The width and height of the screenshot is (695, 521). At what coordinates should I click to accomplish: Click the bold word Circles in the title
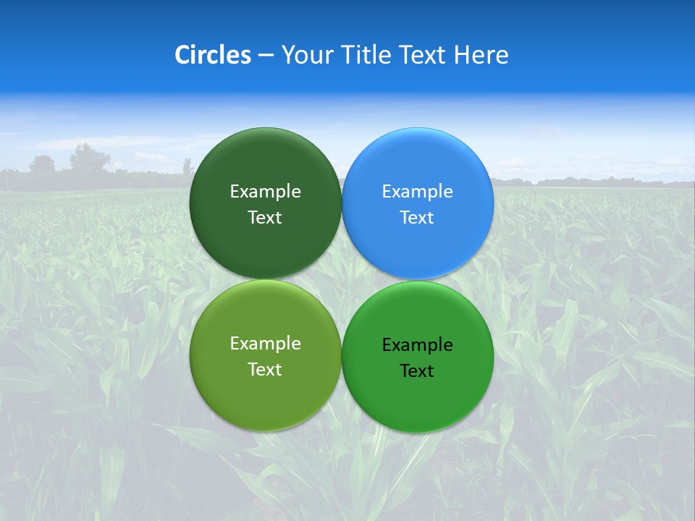(213, 55)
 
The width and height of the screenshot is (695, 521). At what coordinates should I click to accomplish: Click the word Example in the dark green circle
(265, 191)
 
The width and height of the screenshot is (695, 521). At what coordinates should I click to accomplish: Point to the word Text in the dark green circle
(265, 217)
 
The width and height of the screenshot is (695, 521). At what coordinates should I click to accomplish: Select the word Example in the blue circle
(418, 191)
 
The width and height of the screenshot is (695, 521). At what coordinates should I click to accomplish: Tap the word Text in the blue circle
(418, 217)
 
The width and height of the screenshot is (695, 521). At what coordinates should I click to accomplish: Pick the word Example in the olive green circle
(265, 343)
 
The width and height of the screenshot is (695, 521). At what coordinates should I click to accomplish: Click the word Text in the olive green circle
(265, 369)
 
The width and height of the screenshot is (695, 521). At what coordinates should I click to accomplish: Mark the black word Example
(418, 344)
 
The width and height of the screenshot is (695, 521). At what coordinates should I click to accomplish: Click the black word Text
(418, 370)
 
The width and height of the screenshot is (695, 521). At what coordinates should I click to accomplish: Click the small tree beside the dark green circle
(188, 167)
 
